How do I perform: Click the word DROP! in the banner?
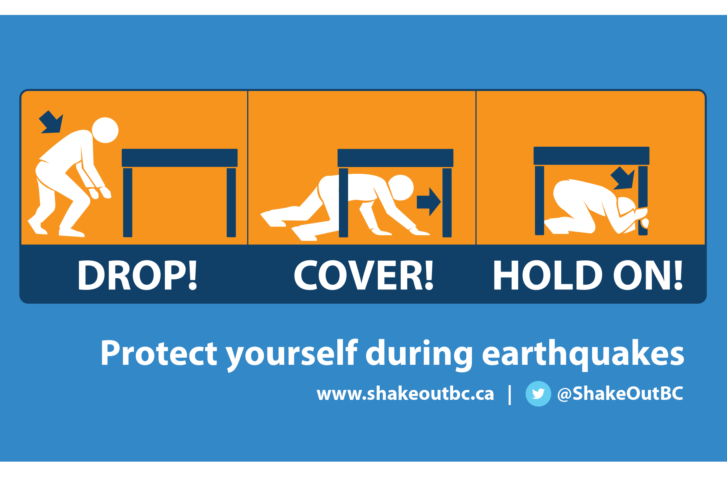click(x=137, y=275)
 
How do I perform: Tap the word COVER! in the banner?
click(x=363, y=275)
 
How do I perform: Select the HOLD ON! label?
click(x=588, y=275)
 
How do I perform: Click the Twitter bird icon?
click(x=538, y=393)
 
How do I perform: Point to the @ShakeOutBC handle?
click(x=620, y=393)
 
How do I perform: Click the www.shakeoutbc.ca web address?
click(x=405, y=394)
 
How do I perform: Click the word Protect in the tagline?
click(x=159, y=353)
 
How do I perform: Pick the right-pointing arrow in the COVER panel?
click(x=429, y=202)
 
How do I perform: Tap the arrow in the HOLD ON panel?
click(x=623, y=178)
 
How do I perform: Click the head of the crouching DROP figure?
click(x=105, y=130)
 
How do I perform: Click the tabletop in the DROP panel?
click(x=180, y=158)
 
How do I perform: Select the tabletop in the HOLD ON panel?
click(x=591, y=156)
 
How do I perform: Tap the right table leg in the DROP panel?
click(x=231, y=203)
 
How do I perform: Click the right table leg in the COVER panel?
click(x=447, y=203)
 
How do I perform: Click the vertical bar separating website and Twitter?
click(x=510, y=395)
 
